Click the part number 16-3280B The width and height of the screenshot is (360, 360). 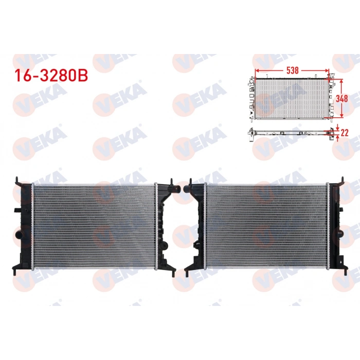pos(51,75)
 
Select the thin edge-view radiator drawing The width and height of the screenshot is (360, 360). pos(291,132)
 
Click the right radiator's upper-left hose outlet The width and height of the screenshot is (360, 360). pos(187,189)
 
